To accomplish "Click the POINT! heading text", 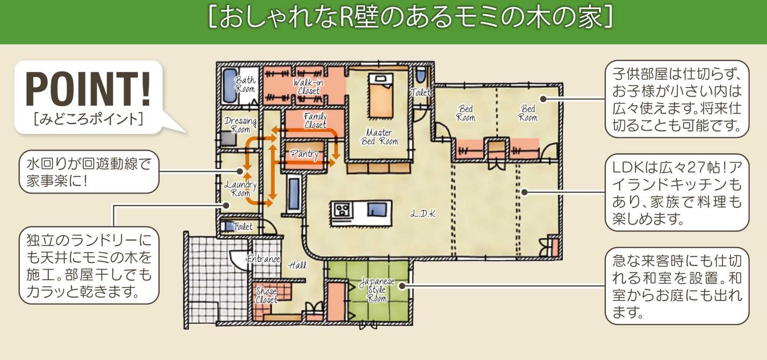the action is (x=88, y=89).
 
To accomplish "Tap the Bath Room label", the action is (x=245, y=84).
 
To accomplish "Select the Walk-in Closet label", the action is (x=308, y=87).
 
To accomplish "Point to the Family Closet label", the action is (x=315, y=120).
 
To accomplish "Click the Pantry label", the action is (x=304, y=154).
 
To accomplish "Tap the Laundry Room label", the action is (x=240, y=189).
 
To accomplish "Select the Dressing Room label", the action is (x=240, y=125).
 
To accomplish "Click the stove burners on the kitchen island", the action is (x=342, y=210).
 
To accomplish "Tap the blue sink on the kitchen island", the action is (x=377, y=209).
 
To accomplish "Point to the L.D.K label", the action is (x=423, y=214).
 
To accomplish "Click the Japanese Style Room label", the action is (x=377, y=289).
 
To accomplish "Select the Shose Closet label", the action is (x=267, y=295).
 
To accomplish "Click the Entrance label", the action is (x=263, y=259).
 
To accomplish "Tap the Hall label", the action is (x=298, y=265).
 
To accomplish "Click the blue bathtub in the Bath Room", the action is (x=230, y=85).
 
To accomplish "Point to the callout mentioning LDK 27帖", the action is (x=677, y=193).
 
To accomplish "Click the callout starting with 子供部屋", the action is (x=677, y=99).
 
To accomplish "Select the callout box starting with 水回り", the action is (x=89, y=172).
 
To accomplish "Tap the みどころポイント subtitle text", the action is (x=88, y=119).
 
